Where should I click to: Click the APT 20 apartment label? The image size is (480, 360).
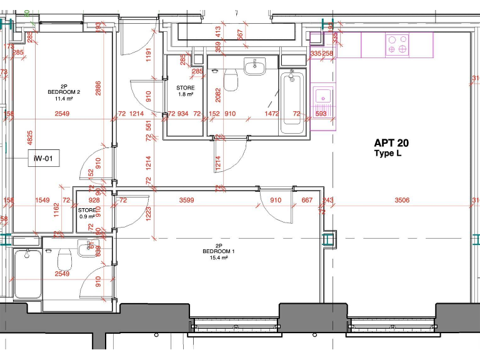391,143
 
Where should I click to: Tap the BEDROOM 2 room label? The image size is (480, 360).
63,91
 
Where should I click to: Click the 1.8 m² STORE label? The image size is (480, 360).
186,91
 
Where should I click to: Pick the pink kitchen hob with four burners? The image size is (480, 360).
397,45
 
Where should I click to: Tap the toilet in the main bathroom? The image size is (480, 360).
231,79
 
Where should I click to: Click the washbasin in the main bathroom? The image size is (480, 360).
254,66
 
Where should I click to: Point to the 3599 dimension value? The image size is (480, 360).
187,201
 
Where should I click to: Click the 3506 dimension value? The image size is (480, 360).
402,201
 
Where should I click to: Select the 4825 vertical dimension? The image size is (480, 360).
29,139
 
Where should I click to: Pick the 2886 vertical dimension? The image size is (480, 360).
98,88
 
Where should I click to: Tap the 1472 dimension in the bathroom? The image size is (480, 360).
272,114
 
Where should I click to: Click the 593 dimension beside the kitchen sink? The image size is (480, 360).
321,114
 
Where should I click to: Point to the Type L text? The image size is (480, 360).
387,154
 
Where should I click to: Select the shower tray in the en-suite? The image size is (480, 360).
27,274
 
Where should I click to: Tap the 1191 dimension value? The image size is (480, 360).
148,56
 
